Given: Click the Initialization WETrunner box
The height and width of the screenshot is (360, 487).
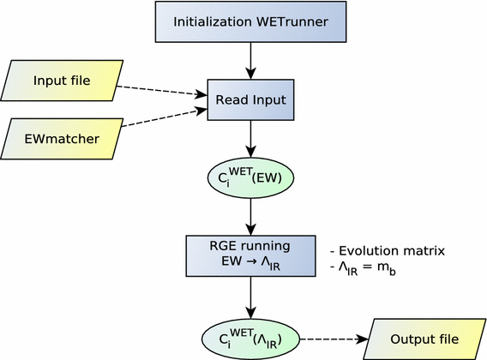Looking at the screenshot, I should [251, 21].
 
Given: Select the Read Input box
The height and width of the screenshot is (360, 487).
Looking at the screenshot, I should [251, 100].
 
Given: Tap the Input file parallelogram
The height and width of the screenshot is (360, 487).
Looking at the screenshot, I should [61, 81].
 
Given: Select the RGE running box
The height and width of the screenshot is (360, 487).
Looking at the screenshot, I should [251, 253].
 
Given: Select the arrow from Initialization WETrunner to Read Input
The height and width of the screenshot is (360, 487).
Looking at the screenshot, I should [251, 58].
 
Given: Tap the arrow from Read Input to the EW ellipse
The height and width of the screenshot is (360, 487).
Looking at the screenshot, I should [251, 138].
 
